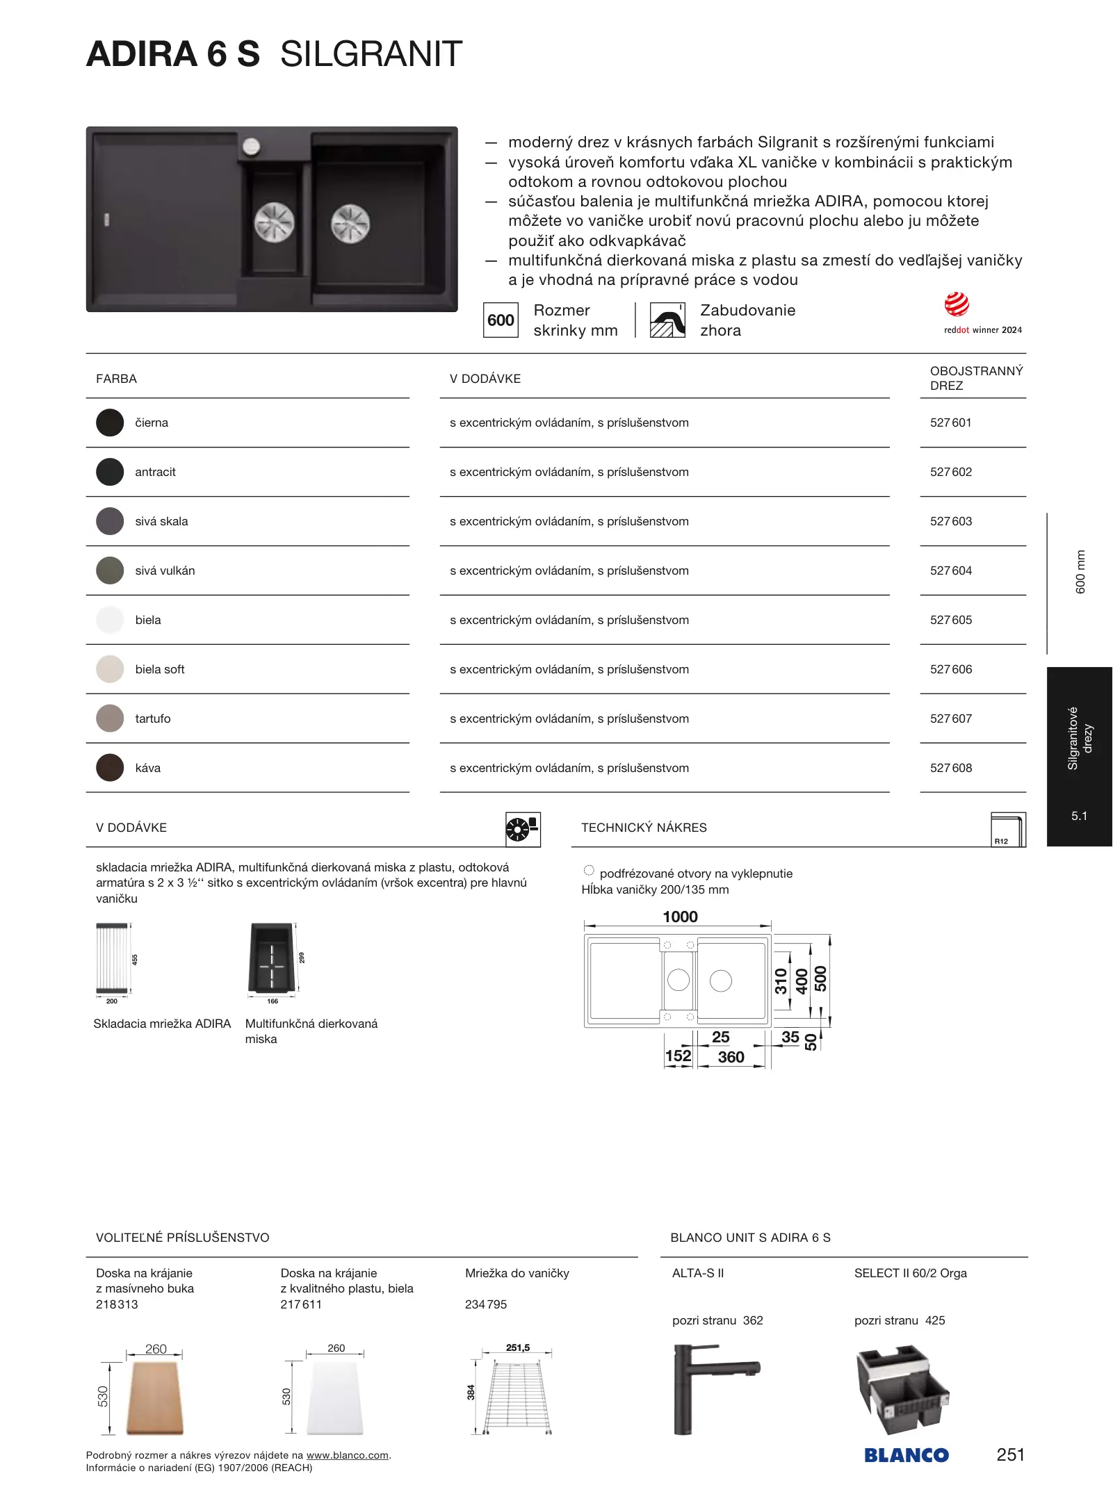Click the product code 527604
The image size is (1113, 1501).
tap(950, 571)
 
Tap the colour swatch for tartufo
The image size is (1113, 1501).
tap(110, 719)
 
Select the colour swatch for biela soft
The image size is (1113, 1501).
tap(110, 669)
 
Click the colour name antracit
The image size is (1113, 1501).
tap(155, 472)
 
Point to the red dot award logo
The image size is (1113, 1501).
tap(957, 304)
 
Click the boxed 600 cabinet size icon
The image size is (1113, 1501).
tap(501, 320)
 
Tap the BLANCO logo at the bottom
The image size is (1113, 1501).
tap(906, 1455)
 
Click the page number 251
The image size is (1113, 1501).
tap(1010, 1454)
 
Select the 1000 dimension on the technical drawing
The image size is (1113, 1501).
tap(680, 917)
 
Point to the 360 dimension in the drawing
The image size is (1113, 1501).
tap(731, 1057)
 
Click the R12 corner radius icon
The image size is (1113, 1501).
tap(1008, 830)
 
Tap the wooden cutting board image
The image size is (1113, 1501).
tap(155, 1398)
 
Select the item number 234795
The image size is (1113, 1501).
tap(486, 1304)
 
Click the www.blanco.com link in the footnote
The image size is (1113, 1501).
tap(347, 1455)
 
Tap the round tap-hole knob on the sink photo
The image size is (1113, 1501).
tap(251, 147)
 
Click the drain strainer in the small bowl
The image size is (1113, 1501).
tap(274, 222)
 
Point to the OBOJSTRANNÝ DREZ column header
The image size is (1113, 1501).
tap(976, 378)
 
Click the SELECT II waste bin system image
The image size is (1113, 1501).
tap(902, 1390)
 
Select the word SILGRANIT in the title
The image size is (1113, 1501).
tap(371, 54)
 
